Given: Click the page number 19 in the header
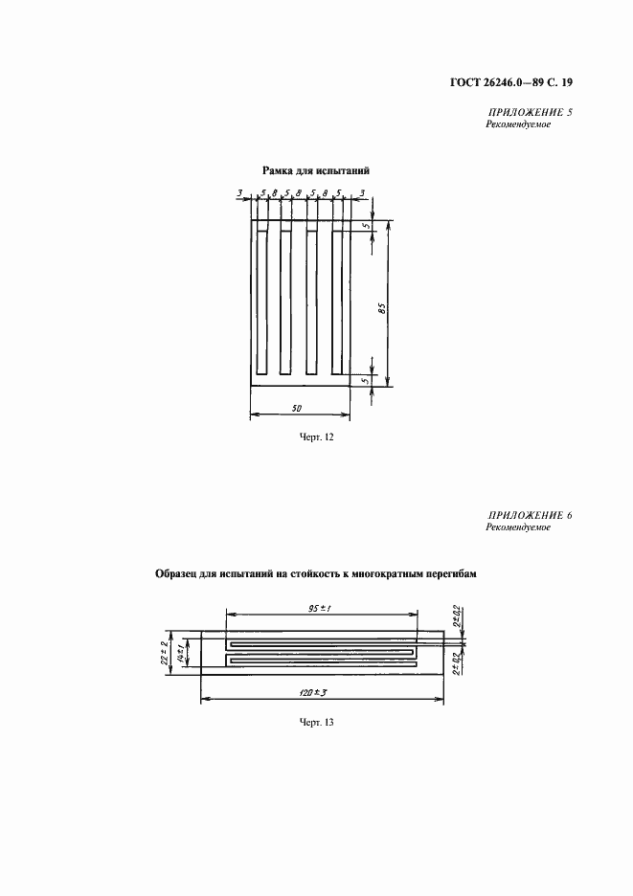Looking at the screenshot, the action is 567,83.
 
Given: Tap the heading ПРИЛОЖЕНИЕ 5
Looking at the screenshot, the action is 529,113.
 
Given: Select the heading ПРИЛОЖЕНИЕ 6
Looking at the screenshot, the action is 529,515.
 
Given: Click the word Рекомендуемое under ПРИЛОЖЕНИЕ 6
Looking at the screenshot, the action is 518,527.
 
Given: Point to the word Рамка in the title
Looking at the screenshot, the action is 276,170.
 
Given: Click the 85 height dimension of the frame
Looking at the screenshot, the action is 382,308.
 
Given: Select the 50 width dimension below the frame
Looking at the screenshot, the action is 296,408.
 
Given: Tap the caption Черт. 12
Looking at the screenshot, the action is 317,437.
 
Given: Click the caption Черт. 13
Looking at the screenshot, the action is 317,723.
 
